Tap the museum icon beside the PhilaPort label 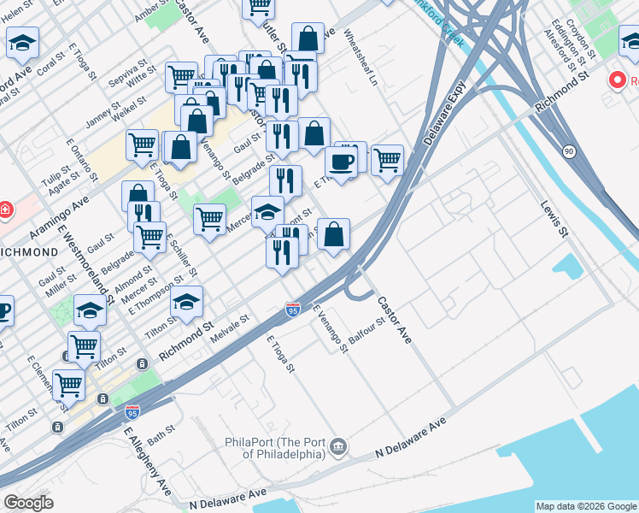coord(339,446)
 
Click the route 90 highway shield coord(568,151)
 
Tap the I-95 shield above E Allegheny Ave coord(132,412)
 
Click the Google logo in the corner coord(28,503)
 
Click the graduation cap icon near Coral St coord(23,42)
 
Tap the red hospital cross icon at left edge coord(4,209)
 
